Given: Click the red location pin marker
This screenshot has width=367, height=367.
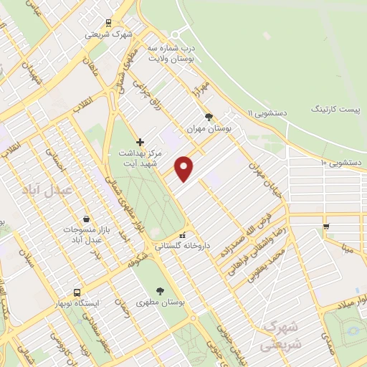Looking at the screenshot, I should click(x=185, y=168).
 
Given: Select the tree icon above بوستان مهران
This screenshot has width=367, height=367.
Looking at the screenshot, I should click(x=209, y=115).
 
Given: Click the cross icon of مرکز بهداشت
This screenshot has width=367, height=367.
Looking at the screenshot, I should click(x=140, y=143).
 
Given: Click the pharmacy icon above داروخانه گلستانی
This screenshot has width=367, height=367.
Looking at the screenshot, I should click(x=183, y=235).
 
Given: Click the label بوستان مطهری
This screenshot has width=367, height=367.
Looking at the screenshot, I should click(x=159, y=302).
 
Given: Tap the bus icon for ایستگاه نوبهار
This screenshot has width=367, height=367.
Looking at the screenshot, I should click(x=77, y=292).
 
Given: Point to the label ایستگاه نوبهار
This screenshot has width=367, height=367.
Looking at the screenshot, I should click(x=77, y=303).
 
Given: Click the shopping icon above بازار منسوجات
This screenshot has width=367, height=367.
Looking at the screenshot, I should click(x=86, y=219).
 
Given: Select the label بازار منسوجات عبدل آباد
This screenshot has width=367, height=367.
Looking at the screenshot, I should click(x=85, y=234).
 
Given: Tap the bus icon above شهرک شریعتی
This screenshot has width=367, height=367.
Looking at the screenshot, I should click(x=108, y=22).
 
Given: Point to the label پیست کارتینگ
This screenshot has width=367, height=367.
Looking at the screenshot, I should click(x=336, y=108).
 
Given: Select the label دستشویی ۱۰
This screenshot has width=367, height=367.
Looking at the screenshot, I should click(x=340, y=163).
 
